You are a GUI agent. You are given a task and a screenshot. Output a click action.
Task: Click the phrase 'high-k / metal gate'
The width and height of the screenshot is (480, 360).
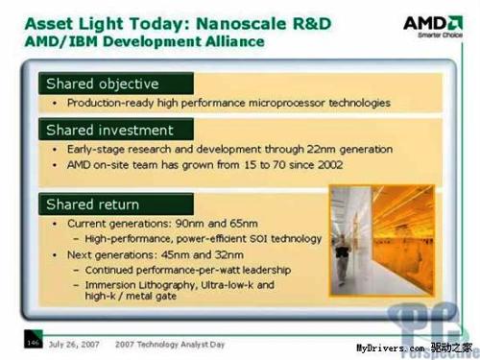(x=129, y=300)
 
